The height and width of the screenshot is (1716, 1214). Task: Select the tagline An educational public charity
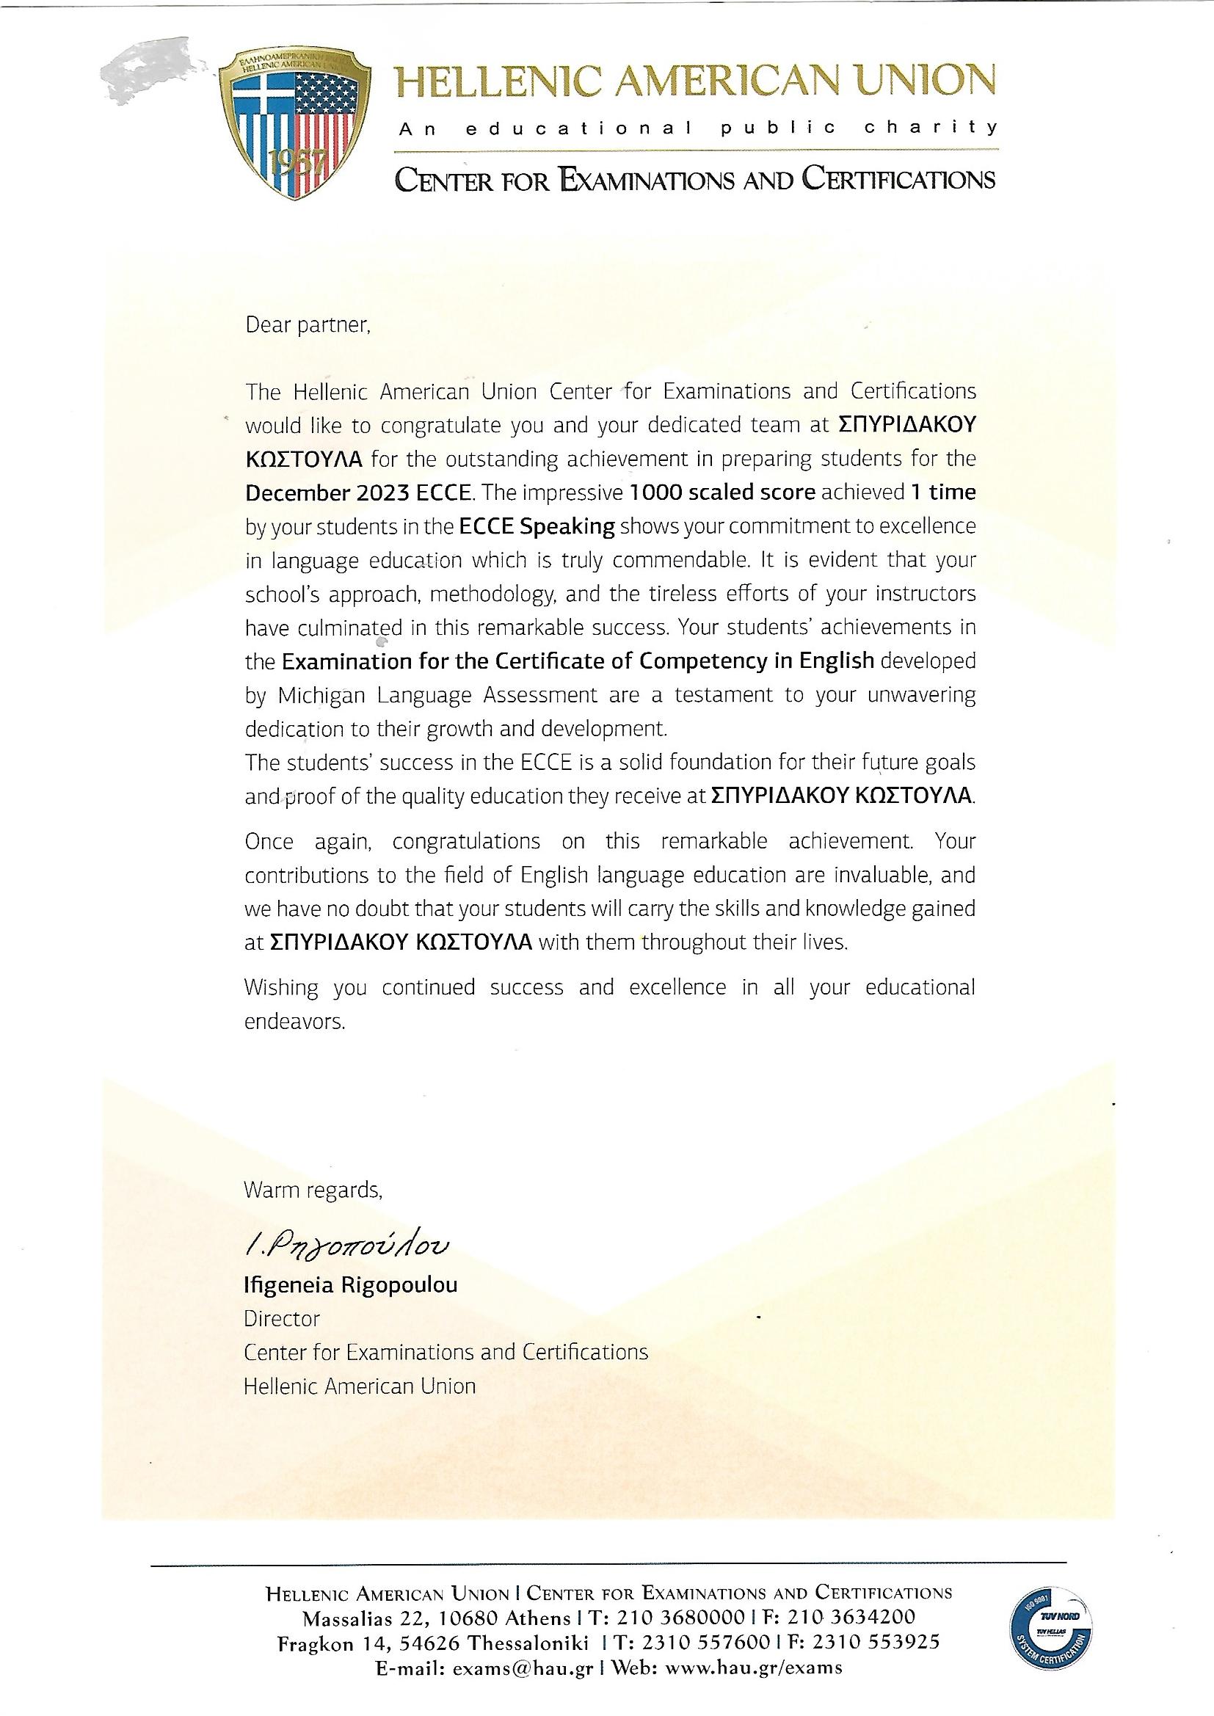pyautogui.click(x=697, y=128)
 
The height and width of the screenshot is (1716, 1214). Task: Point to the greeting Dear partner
pyautogui.click(x=308, y=325)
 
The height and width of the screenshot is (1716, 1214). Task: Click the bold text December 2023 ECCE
pyautogui.click(x=358, y=492)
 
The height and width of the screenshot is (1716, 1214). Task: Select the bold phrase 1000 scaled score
pyautogui.click(x=722, y=492)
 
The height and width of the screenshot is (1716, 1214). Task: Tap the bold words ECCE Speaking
pyautogui.click(x=536, y=526)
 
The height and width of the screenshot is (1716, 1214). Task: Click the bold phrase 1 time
pyautogui.click(x=942, y=492)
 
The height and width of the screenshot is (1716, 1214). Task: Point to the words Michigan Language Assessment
pyautogui.click(x=437, y=695)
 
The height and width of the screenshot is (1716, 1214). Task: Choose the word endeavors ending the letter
pyautogui.click(x=294, y=1021)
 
